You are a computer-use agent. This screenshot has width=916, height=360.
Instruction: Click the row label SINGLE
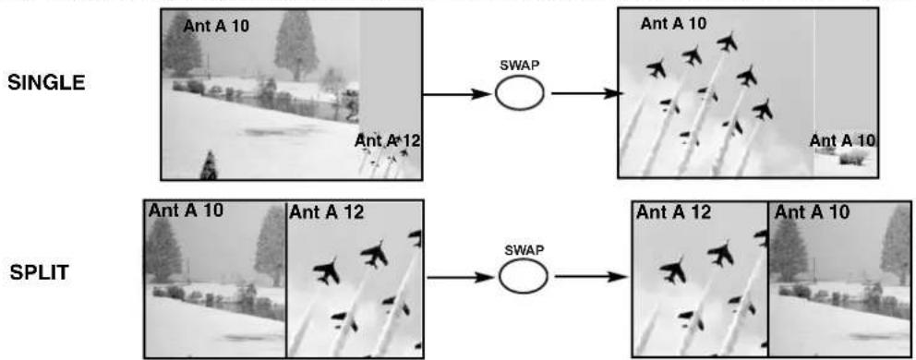tap(45, 83)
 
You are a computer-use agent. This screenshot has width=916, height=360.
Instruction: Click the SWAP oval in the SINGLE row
tap(519, 93)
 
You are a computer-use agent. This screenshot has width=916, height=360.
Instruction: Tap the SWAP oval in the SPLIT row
tap(523, 276)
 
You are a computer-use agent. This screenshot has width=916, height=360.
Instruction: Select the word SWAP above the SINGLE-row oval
tap(519, 66)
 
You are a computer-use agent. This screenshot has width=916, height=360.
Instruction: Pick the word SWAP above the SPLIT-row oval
tap(523, 250)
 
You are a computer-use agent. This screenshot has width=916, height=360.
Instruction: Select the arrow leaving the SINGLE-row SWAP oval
tap(585, 93)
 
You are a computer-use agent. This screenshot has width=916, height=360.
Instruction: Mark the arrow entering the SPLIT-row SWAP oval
tap(462, 277)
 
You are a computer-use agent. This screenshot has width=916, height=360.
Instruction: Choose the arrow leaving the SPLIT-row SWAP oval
tap(591, 277)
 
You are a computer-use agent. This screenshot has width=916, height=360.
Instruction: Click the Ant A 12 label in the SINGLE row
tap(388, 140)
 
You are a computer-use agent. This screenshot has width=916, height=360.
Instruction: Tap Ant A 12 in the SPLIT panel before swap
tap(326, 212)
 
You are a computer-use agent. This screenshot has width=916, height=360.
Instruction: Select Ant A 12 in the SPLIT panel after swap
tap(673, 211)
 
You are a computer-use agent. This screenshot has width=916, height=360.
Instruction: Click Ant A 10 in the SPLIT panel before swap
tap(186, 211)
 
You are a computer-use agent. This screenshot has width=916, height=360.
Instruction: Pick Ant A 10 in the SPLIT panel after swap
tap(813, 211)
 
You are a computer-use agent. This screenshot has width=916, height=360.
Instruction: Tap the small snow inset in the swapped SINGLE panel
tap(846, 153)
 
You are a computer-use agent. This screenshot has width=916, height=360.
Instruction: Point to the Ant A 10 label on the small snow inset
tap(843, 140)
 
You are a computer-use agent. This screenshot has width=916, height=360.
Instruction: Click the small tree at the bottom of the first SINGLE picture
tap(209, 165)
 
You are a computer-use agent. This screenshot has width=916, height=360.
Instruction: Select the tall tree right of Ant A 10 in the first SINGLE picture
tap(296, 46)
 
